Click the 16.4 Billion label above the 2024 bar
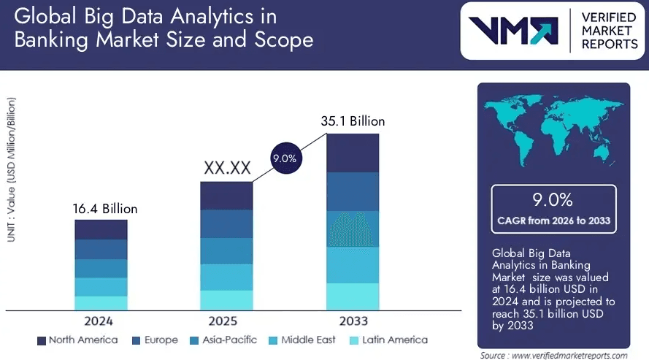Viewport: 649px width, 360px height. click(x=105, y=209)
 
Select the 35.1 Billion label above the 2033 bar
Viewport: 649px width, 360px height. click(x=353, y=121)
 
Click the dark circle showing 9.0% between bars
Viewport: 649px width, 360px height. click(x=284, y=158)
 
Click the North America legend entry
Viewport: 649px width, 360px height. click(x=77, y=340)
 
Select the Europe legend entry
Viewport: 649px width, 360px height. click(x=155, y=340)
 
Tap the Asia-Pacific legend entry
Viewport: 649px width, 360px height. click(x=223, y=340)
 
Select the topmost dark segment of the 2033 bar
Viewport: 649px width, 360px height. click(x=353, y=152)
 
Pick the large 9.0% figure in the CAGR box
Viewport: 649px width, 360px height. click(x=553, y=200)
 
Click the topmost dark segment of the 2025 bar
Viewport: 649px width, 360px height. click(x=226, y=196)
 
